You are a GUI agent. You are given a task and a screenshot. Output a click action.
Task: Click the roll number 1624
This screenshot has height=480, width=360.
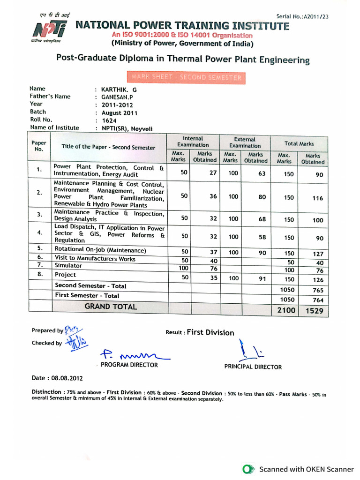(109, 120)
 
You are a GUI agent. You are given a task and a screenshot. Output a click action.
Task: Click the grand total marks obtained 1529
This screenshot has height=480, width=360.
(313, 310)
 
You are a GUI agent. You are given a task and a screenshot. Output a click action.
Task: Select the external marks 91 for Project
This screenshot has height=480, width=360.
(262, 278)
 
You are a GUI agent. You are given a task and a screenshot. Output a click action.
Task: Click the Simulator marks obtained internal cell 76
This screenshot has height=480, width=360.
(213, 269)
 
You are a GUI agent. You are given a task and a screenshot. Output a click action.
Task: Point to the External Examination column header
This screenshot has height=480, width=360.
(245, 142)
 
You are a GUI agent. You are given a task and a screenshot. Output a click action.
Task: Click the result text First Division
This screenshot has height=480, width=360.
(210, 333)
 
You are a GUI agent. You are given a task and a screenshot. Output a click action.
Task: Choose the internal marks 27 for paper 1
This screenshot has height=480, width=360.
(213, 172)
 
